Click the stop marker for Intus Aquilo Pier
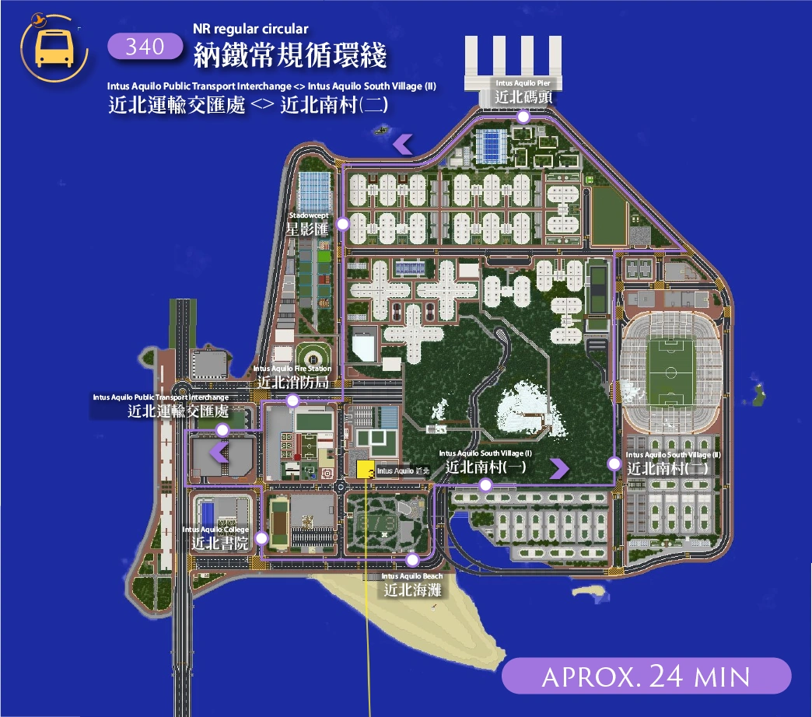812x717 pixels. [x=523, y=117]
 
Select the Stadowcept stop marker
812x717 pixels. [x=343, y=223]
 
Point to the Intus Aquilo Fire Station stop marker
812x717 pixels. [x=292, y=401]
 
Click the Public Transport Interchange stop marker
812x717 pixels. [x=222, y=430]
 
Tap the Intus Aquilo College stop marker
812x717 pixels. [x=261, y=537]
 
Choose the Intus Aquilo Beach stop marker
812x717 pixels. [x=413, y=560]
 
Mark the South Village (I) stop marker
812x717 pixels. [x=485, y=485]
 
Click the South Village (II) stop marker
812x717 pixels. [x=614, y=464]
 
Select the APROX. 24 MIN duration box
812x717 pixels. [x=646, y=676]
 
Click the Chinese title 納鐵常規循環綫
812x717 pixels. [x=290, y=56]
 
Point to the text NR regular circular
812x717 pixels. [x=250, y=30]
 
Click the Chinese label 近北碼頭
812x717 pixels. [x=523, y=97]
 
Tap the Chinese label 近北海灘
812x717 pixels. [x=412, y=589]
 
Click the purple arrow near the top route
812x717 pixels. [x=402, y=143]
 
